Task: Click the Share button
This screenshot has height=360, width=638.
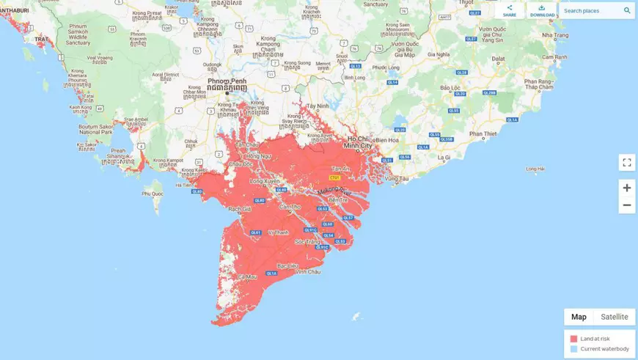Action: [x=510, y=10]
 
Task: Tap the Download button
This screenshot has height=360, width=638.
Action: [x=542, y=10]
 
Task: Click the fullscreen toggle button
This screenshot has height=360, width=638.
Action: [x=626, y=163]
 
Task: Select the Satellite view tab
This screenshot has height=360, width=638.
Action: [x=615, y=317]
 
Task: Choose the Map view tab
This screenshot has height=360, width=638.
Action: [x=579, y=317]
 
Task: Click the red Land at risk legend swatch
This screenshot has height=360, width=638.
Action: [x=574, y=339]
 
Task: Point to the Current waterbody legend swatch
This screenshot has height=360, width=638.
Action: [x=574, y=349]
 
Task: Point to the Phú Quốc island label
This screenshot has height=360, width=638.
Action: [x=153, y=194]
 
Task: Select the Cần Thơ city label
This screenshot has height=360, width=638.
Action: [x=290, y=207]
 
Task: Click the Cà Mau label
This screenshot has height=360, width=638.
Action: [x=247, y=276]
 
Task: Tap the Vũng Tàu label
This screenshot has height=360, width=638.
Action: [x=396, y=179]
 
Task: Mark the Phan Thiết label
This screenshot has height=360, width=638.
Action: [x=483, y=134]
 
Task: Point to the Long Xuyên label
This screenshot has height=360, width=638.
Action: [x=265, y=180]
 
